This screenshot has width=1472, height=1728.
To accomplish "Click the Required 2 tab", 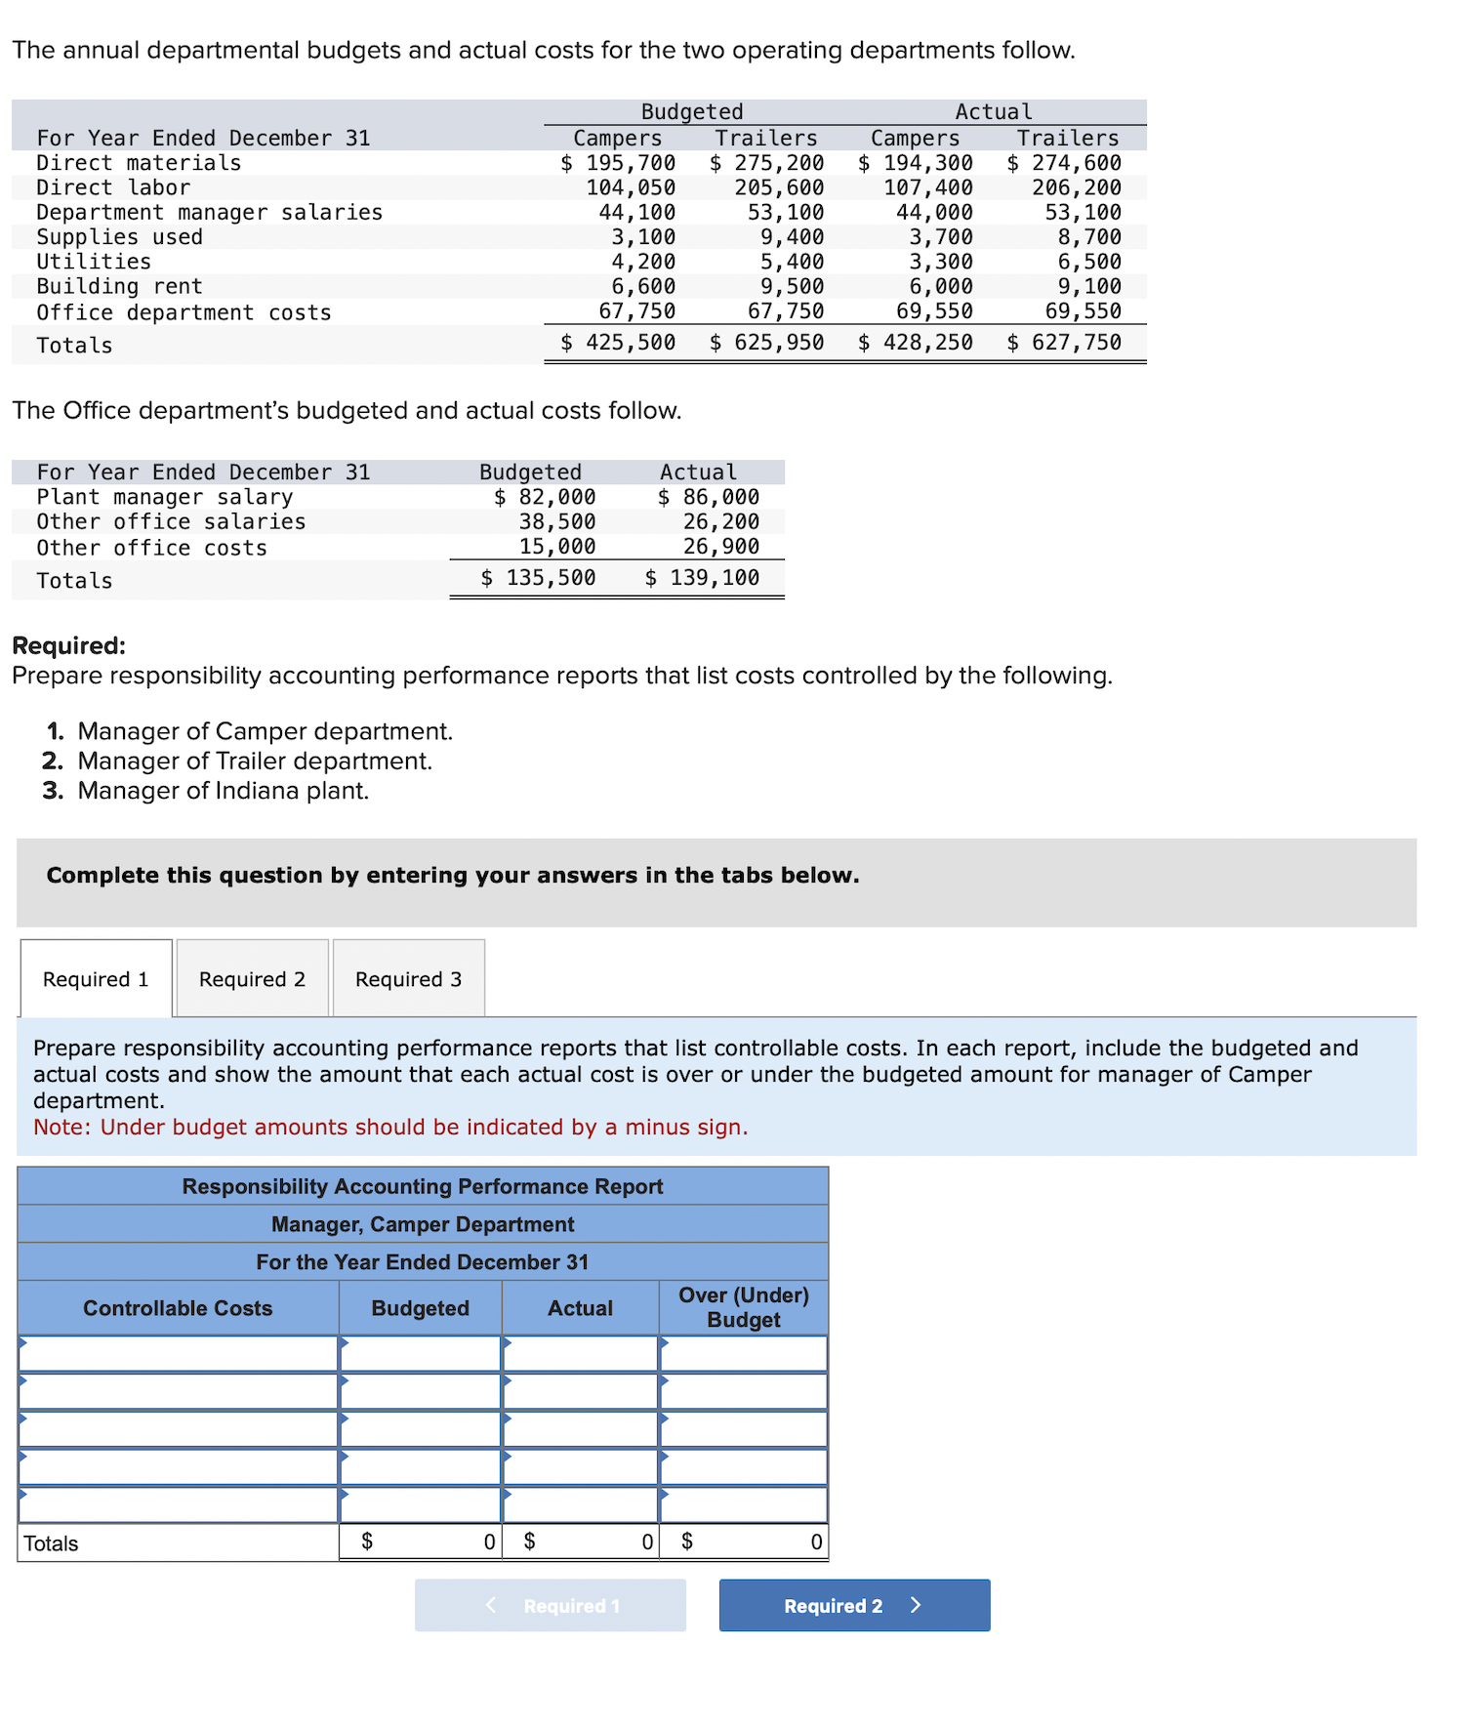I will click(252, 979).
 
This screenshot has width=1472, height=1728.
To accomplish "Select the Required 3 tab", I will click(408, 979).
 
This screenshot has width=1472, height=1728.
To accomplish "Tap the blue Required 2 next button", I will click(854, 1606).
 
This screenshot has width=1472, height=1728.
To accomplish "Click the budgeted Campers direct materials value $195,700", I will click(619, 163).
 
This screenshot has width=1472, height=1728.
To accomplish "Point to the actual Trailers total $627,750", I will click(1065, 343).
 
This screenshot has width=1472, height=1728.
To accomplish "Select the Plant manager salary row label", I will click(165, 497).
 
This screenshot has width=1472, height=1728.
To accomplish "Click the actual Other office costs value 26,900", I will click(720, 547).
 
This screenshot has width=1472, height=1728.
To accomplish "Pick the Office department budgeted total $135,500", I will click(539, 578).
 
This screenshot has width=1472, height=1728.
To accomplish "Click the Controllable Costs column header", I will click(178, 1308).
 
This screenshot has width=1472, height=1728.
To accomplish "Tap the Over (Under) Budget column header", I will click(743, 1307).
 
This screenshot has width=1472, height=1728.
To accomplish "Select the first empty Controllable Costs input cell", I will click(178, 1354).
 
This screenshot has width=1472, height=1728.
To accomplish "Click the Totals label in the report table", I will click(51, 1543).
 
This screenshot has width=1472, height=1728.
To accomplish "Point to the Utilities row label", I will click(94, 262).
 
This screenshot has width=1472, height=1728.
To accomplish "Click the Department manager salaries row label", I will click(209, 213).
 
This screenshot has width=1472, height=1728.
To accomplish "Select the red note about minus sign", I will click(390, 1128).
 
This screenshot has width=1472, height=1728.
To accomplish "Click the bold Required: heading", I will click(68, 645).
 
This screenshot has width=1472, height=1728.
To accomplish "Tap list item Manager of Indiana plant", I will click(223, 791).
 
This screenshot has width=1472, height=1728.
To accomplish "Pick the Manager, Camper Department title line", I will click(423, 1224).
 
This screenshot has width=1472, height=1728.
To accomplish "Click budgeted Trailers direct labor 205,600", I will click(779, 187).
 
